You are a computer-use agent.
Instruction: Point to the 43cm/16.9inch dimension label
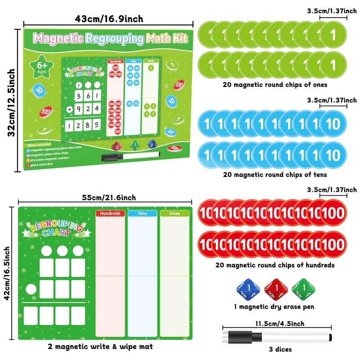[x=110, y=18]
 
